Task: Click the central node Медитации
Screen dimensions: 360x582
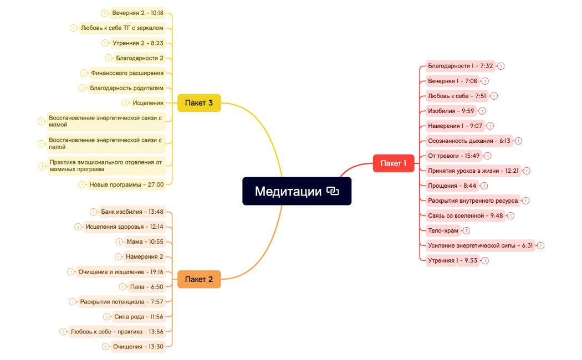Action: click(x=288, y=192)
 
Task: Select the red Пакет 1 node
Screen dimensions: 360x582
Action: click(x=394, y=163)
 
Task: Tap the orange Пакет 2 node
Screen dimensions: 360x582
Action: click(x=199, y=279)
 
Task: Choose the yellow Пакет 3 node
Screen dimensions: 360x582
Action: click(x=199, y=103)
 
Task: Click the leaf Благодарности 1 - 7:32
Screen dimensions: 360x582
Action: click(x=460, y=66)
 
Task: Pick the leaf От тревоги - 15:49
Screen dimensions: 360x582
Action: click(x=453, y=156)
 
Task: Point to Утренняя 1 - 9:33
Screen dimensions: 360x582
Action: click(x=452, y=260)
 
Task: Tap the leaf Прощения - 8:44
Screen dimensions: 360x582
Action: click(x=452, y=186)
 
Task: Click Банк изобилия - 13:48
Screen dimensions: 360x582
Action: click(x=132, y=212)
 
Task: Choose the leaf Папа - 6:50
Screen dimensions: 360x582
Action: click(x=146, y=287)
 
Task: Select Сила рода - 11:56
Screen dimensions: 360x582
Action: click(x=139, y=317)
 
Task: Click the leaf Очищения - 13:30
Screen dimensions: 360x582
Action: click(x=138, y=347)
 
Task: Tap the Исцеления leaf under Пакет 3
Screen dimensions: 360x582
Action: click(x=148, y=102)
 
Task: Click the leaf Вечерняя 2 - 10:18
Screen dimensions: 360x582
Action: click(x=137, y=13)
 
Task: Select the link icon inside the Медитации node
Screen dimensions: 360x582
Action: click(x=333, y=192)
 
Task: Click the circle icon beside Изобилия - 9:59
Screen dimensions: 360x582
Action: click(x=482, y=111)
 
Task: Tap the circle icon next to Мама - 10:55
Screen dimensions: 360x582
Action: click(x=119, y=241)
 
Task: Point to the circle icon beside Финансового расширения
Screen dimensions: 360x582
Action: click(x=84, y=73)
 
